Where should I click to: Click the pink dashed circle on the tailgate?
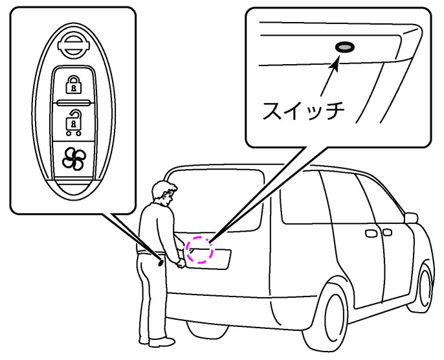click(199, 249)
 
